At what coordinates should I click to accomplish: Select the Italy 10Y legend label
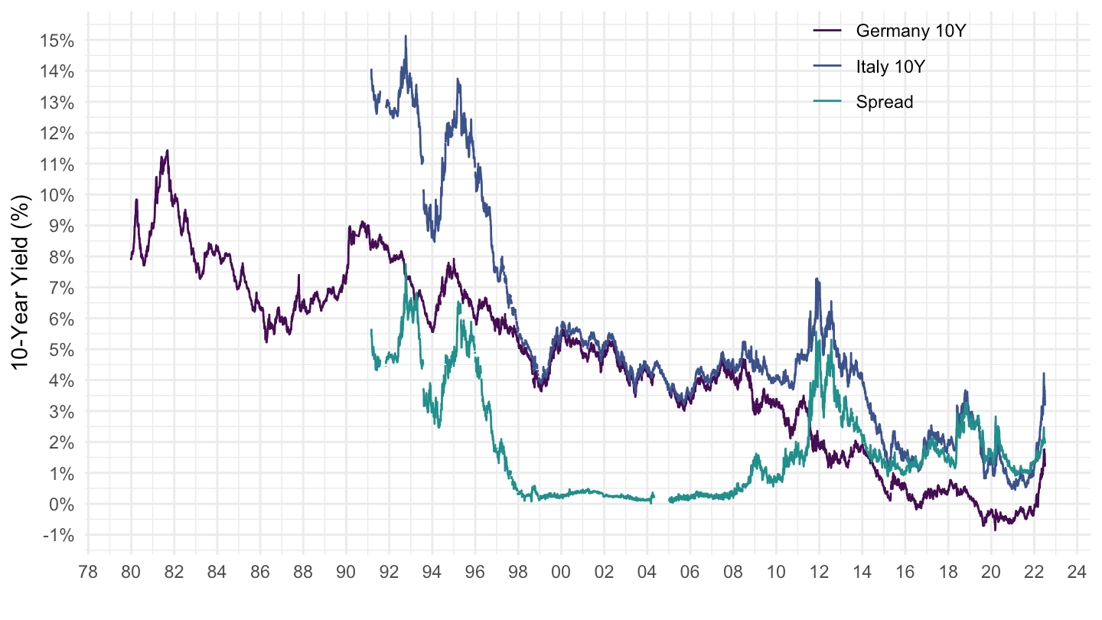coord(891,67)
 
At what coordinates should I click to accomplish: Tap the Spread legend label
coord(885,102)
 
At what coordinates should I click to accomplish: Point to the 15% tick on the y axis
coord(58,40)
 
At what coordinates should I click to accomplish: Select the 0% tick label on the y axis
coord(61,504)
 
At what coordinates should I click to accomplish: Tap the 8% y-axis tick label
coord(61,256)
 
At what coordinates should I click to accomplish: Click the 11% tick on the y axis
coord(58,164)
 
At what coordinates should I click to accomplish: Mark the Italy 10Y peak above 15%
coord(406,36)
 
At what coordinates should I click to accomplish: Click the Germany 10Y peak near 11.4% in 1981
coord(167,151)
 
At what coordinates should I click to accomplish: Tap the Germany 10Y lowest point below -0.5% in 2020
coord(995,530)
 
